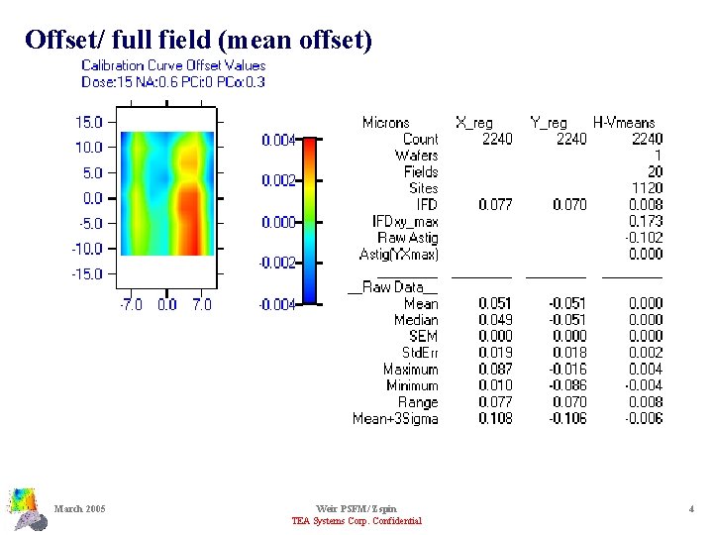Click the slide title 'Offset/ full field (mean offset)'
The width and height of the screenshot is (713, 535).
pyautogui.click(x=199, y=40)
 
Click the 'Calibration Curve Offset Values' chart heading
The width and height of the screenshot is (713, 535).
pyautogui.click(x=173, y=65)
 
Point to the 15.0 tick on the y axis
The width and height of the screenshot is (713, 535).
pyautogui.click(x=89, y=122)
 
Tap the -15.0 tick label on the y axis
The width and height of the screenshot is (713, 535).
pyautogui.click(x=87, y=273)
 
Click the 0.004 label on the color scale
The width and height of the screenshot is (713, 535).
pyautogui.click(x=278, y=141)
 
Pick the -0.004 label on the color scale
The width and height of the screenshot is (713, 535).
pyautogui.click(x=276, y=305)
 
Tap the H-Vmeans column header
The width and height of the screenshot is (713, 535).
pyautogui.click(x=624, y=123)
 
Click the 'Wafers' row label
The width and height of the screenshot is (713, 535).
pyautogui.click(x=416, y=156)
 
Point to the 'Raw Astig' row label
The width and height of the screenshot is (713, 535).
pyautogui.click(x=407, y=238)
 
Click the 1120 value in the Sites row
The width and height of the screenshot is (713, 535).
pyautogui.click(x=647, y=188)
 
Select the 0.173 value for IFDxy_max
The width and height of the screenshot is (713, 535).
pyautogui.click(x=646, y=221)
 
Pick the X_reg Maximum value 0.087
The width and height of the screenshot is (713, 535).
pyautogui.click(x=495, y=370)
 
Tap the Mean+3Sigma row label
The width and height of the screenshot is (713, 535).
pyautogui.click(x=395, y=419)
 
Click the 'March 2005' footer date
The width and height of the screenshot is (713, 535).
pyautogui.click(x=81, y=509)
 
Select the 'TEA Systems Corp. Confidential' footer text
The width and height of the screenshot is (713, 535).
pyautogui.click(x=356, y=521)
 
